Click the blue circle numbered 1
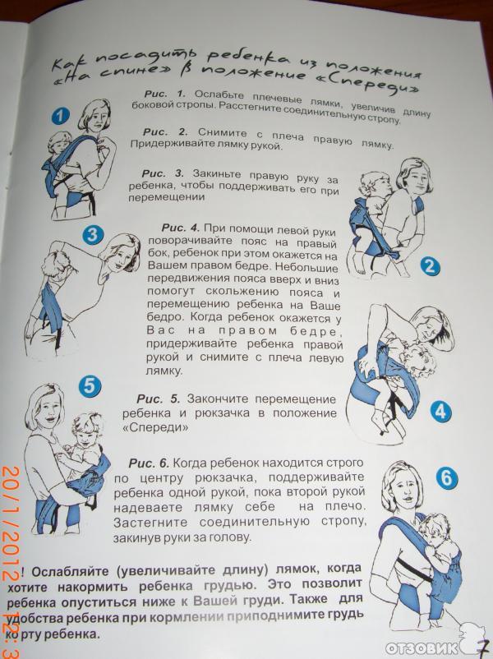coord(61,115)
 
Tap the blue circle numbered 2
coord(430,265)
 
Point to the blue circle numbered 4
coord(440,411)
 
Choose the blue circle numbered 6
coord(446,477)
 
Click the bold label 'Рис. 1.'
coord(165,94)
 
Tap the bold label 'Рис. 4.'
coord(181,228)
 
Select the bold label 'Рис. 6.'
coord(149,463)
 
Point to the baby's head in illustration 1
coord(60,142)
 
